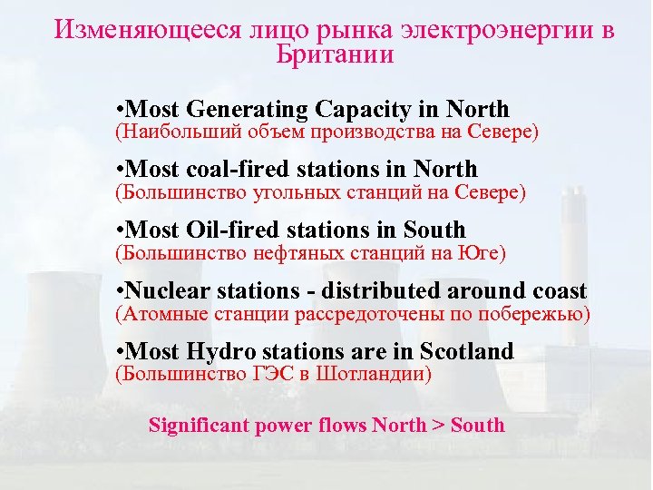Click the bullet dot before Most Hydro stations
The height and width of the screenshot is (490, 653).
(122, 352)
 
